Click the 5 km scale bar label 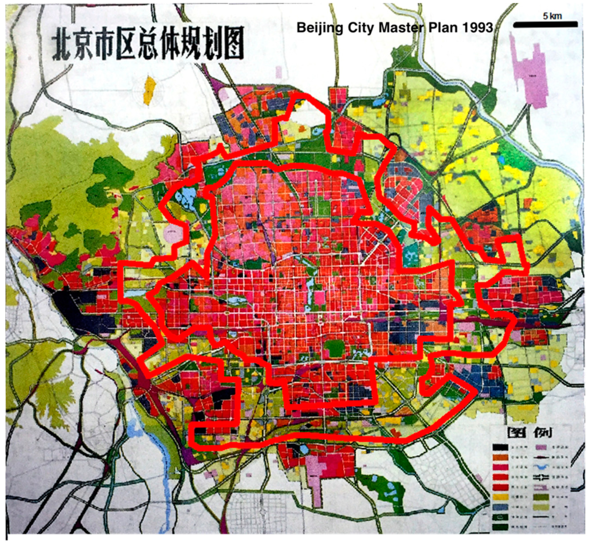pos(552,16)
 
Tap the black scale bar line pos(545,25)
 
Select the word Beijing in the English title pos(319,28)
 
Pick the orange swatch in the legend pos(500,458)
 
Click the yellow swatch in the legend pos(500,497)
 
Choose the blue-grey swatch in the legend pos(500,507)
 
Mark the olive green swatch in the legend pos(542,497)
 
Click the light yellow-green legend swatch pos(542,507)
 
